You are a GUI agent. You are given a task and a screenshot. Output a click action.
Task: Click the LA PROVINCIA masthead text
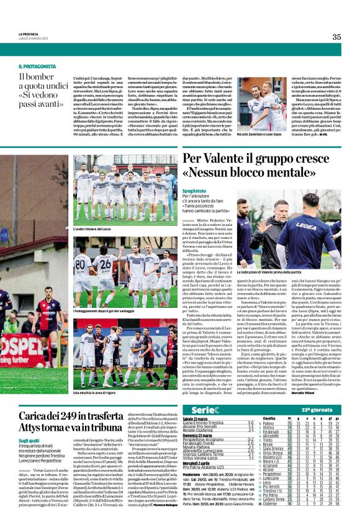tap(29, 34)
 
